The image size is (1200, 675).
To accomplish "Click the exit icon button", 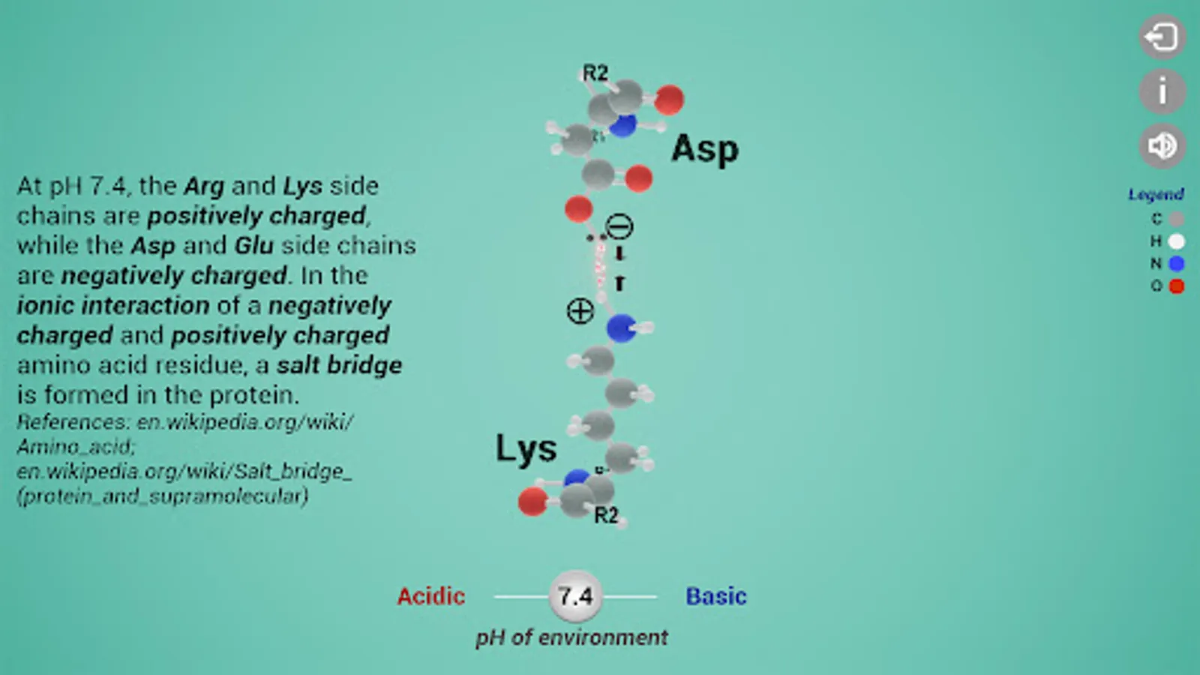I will point(1162,37).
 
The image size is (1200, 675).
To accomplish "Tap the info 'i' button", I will point(1162,91).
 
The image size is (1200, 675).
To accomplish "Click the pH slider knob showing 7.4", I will point(575,596).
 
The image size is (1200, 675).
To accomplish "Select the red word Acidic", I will point(430,596).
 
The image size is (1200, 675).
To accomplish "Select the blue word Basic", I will point(715,596).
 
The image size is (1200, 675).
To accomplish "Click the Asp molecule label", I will point(704,149).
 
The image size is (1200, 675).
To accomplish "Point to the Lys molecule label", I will point(526,449).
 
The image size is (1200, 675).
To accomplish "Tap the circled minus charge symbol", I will point(619,226).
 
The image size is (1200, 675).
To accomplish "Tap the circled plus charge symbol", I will point(580,310).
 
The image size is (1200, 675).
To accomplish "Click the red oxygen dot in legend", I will point(1176,286).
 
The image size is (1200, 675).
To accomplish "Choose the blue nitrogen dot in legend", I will point(1176,263).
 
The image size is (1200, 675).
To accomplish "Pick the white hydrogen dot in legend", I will point(1176,241).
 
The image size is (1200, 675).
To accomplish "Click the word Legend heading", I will point(1156,194).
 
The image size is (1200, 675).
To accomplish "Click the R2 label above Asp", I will point(595,73).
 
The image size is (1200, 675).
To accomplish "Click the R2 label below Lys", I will point(606,515).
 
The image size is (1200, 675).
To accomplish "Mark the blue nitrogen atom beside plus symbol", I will point(621,328).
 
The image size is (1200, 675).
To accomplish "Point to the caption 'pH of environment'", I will point(571,637).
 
